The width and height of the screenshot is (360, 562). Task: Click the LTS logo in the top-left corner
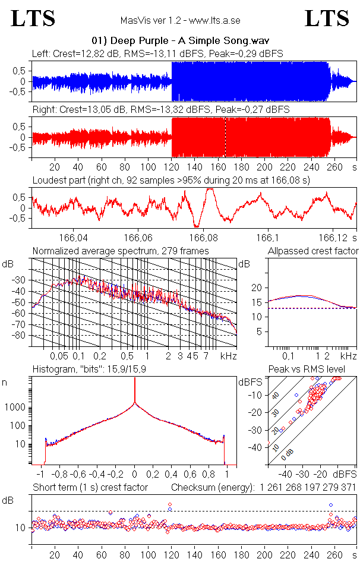[x=33, y=18]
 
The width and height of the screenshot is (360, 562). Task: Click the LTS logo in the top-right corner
[x=327, y=18]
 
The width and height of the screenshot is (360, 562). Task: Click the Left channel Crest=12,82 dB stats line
[x=157, y=53]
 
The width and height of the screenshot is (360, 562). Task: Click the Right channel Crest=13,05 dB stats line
[x=160, y=110]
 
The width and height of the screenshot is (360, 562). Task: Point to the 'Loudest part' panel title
[x=177, y=180]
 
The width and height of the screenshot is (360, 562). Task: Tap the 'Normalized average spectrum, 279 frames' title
[x=121, y=251]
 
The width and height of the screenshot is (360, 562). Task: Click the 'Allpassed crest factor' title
[x=313, y=251]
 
